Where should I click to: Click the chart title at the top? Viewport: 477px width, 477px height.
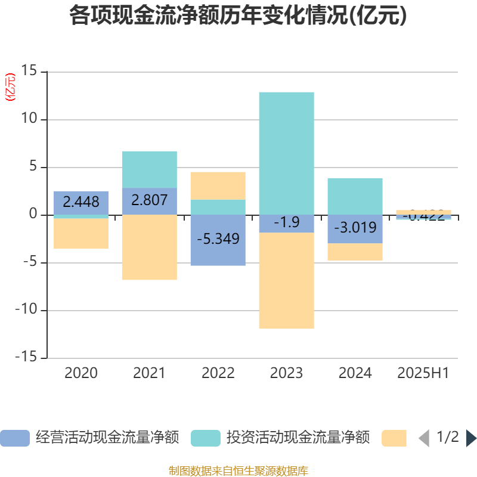(x=238, y=16)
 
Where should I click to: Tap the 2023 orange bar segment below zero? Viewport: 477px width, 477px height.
(x=286, y=280)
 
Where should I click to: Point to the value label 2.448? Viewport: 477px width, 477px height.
(x=81, y=202)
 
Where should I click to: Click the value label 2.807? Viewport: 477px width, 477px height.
(x=149, y=200)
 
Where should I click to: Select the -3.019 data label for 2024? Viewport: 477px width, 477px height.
(x=355, y=228)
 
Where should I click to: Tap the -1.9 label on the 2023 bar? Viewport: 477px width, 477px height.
(x=286, y=223)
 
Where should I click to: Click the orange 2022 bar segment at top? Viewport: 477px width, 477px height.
(x=218, y=185)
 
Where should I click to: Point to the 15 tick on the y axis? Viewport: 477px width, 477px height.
(x=29, y=71)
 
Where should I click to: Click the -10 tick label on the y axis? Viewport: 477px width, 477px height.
(x=26, y=310)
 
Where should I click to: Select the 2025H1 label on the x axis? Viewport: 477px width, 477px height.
(x=423, y=373)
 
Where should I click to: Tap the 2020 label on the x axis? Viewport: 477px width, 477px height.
(x=81, y=373)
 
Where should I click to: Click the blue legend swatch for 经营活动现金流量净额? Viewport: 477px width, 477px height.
(x=15, y=438)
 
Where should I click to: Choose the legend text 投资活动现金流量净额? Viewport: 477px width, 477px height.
(x=298, y=438)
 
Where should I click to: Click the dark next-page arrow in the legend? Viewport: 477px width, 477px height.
(x=471, y=438)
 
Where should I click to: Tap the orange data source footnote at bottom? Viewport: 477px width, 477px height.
(x=238, y=471)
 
